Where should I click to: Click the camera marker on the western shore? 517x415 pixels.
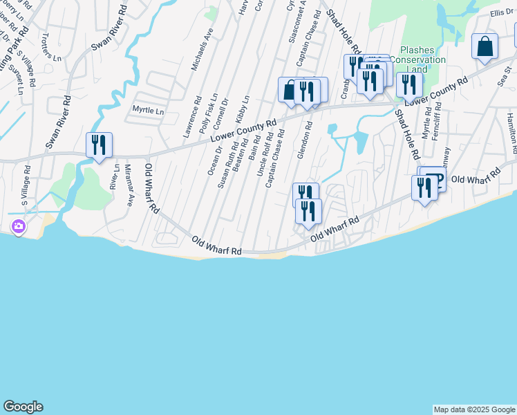coord(18,226)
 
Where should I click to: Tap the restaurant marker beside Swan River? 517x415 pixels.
coord(99,145)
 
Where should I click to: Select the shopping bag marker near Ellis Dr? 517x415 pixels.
coord(485,47)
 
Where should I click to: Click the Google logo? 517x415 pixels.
coord(23,407)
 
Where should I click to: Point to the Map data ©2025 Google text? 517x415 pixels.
coord(474,409)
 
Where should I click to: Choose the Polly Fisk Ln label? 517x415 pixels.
coord(209,113)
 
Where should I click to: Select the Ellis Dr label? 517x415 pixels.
coord(502,12)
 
